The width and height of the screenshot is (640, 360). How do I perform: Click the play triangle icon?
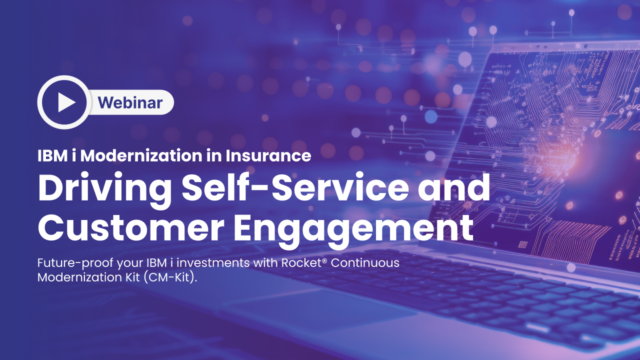[x=66, y=102]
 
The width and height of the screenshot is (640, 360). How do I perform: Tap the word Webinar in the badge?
[x=130, y=102]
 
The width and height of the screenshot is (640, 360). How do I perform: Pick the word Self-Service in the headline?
[x=295, y=187]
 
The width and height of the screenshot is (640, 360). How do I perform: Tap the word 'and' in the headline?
[x=454, y=187]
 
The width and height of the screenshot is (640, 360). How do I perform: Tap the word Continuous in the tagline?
[x=365, y=263]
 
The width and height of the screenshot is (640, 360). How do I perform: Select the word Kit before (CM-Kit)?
[x=132, y=277]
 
